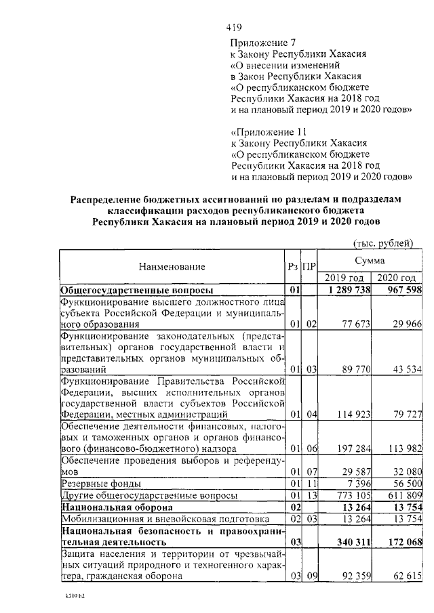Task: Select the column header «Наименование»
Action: pyautogui.click(x=172, y=268)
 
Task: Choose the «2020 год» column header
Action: pyautogui.click(x=396, y=278)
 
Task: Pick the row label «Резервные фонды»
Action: pyautogui.click(x=101, y=484)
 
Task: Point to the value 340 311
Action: pyautogui.click(x=351, y=543)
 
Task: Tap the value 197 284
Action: pyautogui.click(x=351, y=449)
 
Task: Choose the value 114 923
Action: pyautogui.click(x=351, y=414)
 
